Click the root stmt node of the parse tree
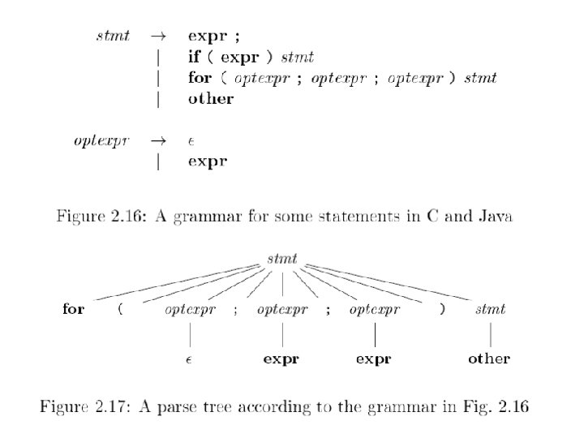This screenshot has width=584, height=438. coord(281,260)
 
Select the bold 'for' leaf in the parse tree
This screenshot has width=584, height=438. coord(73,310)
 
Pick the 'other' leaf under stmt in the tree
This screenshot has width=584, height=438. coord(489,359)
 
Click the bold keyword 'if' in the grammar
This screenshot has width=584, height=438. coord(194,58)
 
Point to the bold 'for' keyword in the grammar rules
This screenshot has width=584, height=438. coord(200,79)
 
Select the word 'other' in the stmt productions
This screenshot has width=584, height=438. coord(211,99)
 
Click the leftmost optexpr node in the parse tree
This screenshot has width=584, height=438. coord(190,310)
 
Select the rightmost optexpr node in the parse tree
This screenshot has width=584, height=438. coord(376,310)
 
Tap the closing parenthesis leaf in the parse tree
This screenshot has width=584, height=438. coord(442,310)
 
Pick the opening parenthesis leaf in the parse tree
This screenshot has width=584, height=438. coord(121,310)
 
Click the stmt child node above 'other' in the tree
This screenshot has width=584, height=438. coord(491,310)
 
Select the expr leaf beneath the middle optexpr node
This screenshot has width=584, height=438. coord(281,359)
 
